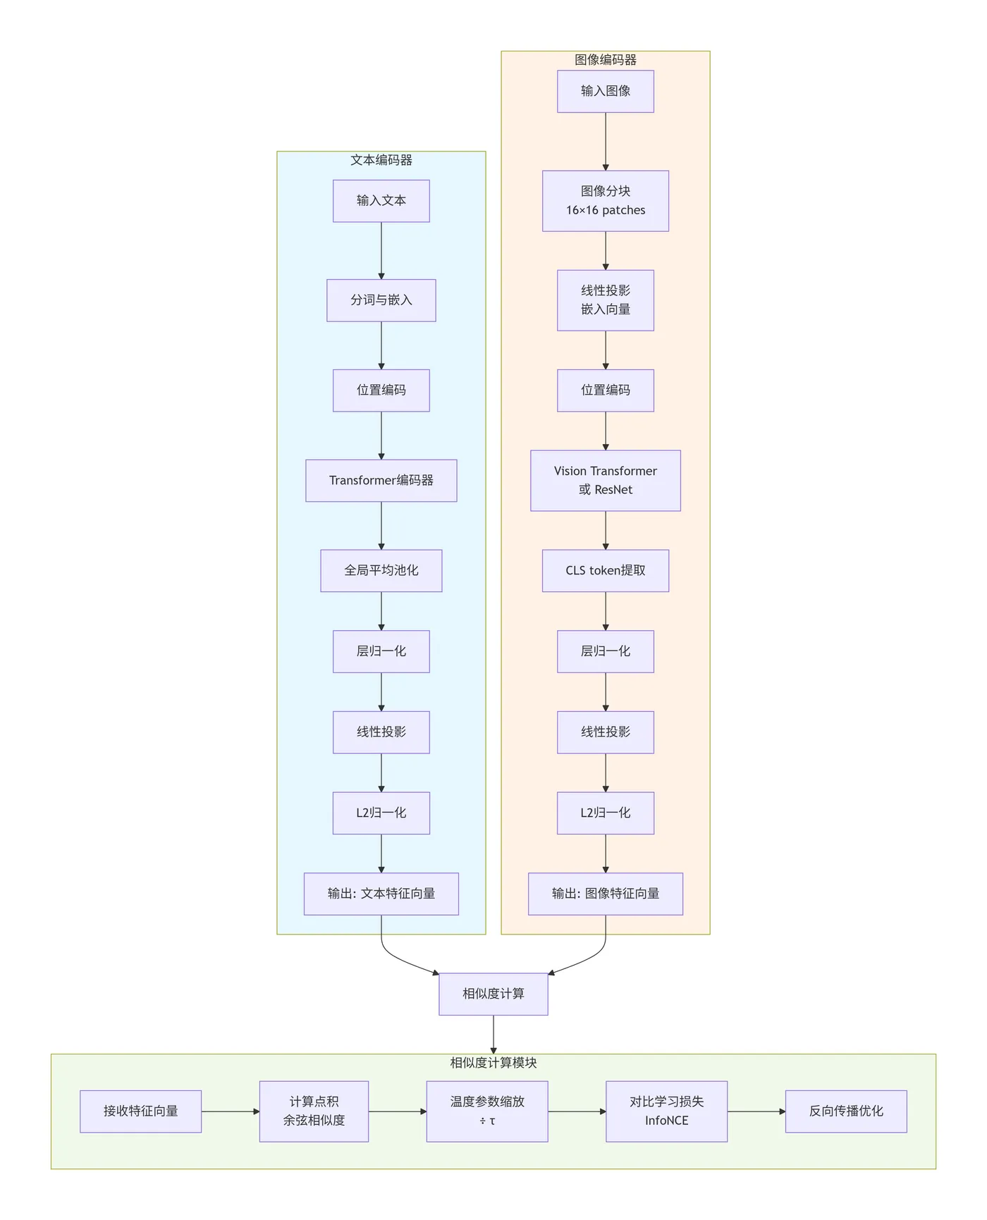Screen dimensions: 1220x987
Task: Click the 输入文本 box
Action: tap(381, 201)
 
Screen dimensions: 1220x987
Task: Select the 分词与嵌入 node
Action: tap(381, 300)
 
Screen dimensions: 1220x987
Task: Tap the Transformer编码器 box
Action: tap(381, 481)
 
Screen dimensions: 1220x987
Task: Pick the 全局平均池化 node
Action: tap(381, 571)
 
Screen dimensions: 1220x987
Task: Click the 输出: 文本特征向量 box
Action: tap(381, 894)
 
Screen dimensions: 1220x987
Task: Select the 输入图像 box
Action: tap(605, 91)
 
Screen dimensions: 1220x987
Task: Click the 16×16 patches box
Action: tap(605, 201)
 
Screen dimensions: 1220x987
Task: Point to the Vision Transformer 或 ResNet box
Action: tap(605, 481)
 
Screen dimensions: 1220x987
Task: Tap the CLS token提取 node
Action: tap(605, 571)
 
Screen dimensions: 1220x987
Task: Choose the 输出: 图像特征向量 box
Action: tap(605, 894)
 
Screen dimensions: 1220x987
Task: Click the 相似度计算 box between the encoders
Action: tap(493, 994)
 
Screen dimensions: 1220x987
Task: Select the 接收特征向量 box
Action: tap(140, 1111)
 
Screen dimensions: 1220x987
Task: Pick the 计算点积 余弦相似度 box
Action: tap(314, 1111)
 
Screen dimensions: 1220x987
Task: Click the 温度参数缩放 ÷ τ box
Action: tap(486, 1111)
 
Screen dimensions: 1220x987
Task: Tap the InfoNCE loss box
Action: tap(666, 1111)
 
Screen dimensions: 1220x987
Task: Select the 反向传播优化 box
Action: tap(845, 1111)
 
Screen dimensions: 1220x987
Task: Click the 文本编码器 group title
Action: tap(381, 160)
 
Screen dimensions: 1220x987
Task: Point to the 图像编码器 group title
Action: tap(605, 60)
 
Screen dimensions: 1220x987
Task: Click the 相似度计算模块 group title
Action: tap(493, 1063)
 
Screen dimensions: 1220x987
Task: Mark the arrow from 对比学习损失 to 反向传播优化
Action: tap(756, 1111)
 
